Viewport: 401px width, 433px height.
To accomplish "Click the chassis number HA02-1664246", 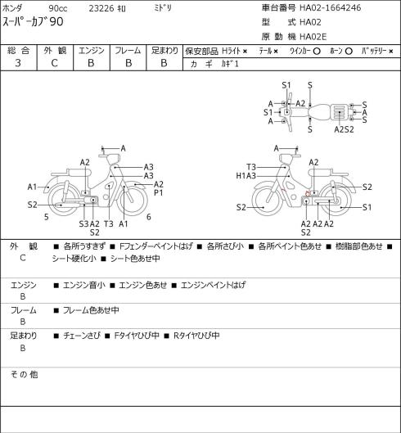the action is click(x=330, y=7).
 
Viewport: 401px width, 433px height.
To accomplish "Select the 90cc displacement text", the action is click(x=58, y=8).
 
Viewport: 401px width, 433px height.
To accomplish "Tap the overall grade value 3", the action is click(x=18, y=63).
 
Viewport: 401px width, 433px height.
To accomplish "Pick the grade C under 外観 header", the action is click(x=54, y=63).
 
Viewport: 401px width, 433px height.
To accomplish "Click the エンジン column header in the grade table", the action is click(x=92, y=51).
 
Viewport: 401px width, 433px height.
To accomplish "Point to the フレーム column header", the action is click(x=128, y=51).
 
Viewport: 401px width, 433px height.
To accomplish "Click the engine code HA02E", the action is click(x=313, y=37).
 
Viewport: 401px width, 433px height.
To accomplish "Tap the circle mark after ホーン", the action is click(x=349, y=51).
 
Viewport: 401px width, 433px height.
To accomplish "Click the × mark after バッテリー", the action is click(x=391, y=52).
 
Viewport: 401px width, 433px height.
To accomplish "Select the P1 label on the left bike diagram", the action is click(x=158, y=193).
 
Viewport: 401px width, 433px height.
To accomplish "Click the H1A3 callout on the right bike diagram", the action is click(x=246, y=176).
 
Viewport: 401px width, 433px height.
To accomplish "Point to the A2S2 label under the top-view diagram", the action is click(x=344, y=129).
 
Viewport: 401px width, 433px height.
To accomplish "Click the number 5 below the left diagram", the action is click(x=47, y=217).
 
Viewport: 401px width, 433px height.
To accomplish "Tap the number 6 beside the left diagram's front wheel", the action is click(x=149, y=217).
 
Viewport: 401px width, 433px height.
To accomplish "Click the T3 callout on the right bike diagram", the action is click(x=251, y=167).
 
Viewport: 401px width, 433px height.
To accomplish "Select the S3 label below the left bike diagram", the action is click(x=83, y=224).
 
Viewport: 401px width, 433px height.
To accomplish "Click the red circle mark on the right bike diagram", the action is click(x=308, y=193).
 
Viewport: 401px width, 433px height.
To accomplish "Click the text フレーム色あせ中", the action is click(x=91, y=310).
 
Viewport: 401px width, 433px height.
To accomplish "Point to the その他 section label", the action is click(x=24, y=375).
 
